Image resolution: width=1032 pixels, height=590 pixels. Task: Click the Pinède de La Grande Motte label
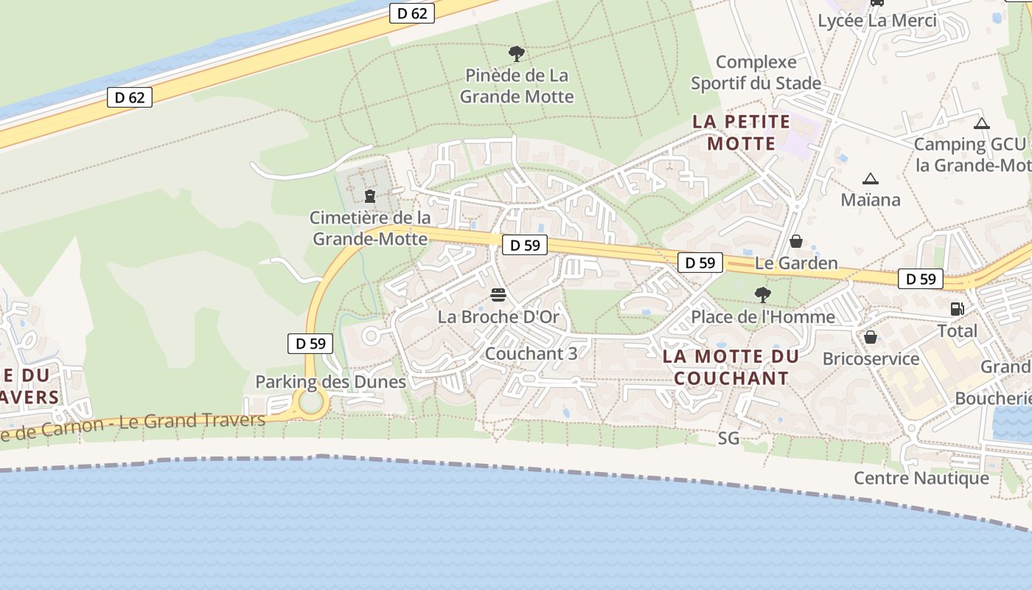[516, 86]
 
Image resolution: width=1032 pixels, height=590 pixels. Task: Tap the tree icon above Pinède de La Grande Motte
[516, 53]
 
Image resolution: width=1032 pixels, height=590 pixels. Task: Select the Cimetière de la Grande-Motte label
[370, 228]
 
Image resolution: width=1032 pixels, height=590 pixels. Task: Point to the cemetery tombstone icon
[370, 196]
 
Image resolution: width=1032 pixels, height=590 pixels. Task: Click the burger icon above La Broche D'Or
[498, 296]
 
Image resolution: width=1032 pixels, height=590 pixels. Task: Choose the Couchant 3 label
[531, 353]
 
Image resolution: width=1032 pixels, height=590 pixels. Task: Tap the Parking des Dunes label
[330, 381]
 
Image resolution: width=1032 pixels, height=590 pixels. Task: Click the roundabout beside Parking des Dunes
[311, 403]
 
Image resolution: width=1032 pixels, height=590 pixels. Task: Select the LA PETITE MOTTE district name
[742, 132]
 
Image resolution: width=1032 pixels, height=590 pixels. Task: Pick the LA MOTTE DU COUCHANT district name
[731, 367]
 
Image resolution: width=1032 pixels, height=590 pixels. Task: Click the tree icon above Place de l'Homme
[763, 295]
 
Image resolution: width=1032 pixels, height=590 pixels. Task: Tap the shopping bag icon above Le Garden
[796, 241]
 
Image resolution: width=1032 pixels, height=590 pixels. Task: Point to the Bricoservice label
[871, 359]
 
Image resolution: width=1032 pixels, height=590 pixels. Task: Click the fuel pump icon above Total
[957, 309]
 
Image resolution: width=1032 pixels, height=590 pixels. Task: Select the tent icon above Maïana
[871, 178]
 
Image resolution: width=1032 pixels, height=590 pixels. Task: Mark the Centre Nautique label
[921, 478]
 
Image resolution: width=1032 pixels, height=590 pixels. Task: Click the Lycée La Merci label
[877, 21]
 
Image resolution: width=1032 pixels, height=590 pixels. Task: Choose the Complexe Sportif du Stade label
[756, 72]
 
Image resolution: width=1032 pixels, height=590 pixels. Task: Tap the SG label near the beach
[728, 438]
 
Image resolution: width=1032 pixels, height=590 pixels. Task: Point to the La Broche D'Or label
[498, 317]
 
